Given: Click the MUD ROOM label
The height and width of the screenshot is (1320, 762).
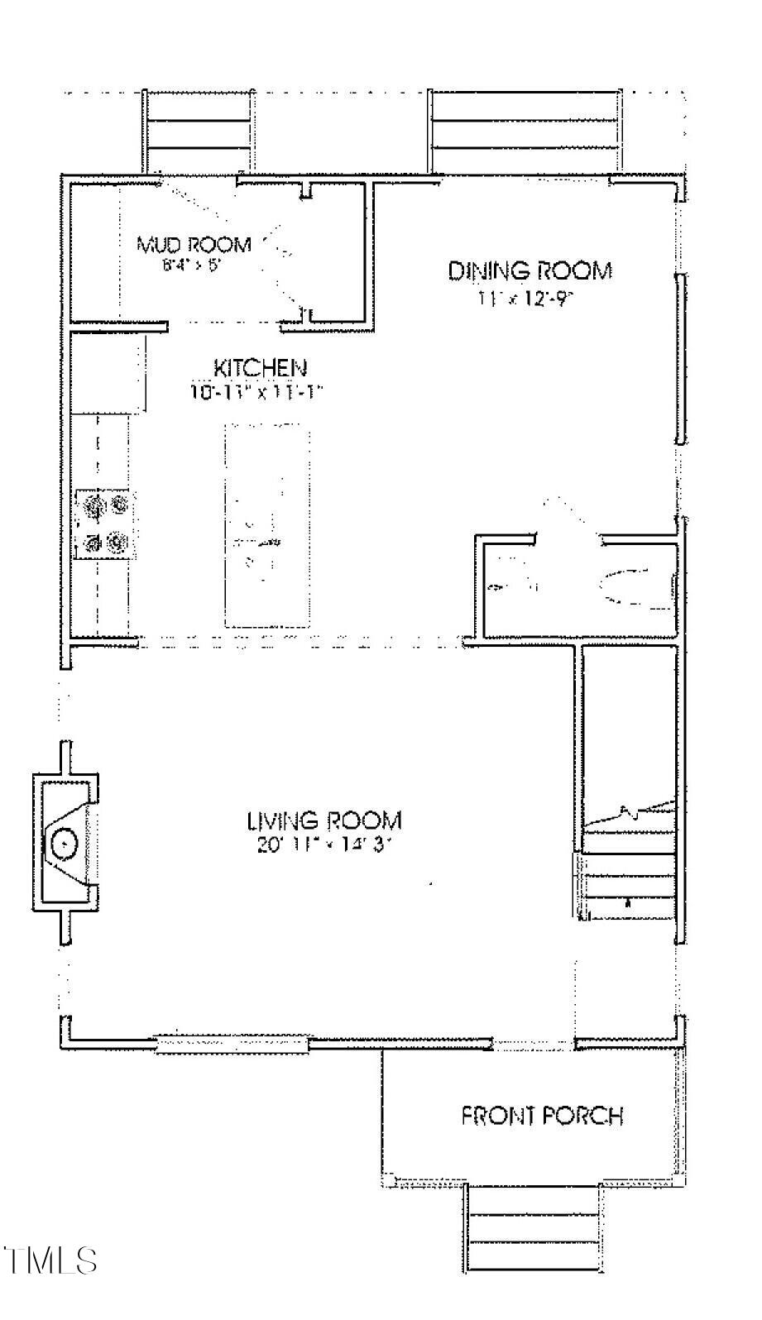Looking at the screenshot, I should [x=194, y=245].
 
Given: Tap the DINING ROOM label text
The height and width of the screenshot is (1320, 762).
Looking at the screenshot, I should [x=530, y=271].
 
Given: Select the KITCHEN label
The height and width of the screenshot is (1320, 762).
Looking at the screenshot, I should [x=261, y=368].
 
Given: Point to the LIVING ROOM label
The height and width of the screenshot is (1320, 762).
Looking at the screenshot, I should [x=324, y=820].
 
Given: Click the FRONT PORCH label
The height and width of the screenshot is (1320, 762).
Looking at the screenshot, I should [x=541, y=1116].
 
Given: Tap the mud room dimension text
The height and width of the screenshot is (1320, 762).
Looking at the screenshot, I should [x=193, y=266].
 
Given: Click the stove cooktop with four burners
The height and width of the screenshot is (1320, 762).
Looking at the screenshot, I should [x=103, y=523].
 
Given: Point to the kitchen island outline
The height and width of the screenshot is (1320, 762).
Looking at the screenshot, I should [x=267, y=526].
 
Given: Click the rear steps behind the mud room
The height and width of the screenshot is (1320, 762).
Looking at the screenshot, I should [x=197, y=132].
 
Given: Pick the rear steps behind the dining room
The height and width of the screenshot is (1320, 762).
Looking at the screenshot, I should [x=525, y=132].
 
